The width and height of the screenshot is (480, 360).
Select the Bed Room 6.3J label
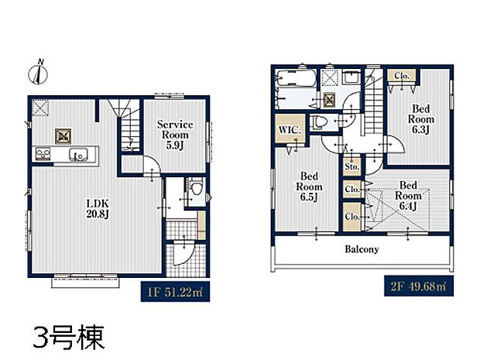click(423, 120)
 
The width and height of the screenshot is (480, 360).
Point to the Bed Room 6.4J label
click(410, 196)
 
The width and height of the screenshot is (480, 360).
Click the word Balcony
click(362, 249)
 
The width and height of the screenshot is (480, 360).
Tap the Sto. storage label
click(351, 166)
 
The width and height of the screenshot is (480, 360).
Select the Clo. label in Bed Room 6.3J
click(402, 76)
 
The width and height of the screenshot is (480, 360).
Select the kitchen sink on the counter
click(77, 156)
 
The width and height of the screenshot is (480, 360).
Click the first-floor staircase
click(123, 128)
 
